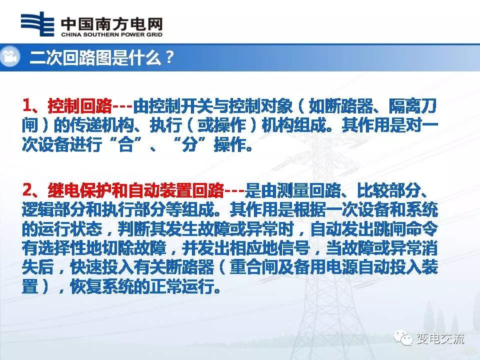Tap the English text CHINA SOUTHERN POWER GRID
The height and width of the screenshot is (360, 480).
[x=111, y=35]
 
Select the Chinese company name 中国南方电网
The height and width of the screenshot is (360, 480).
[x=111, y=23]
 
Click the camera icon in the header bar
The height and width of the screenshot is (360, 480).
[x=10, y=57]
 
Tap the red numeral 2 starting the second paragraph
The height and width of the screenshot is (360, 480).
[x=28, y=190]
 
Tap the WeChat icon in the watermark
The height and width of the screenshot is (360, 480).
[x=403, y=338]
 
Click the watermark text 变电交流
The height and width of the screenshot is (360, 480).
[x=440, y=338]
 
